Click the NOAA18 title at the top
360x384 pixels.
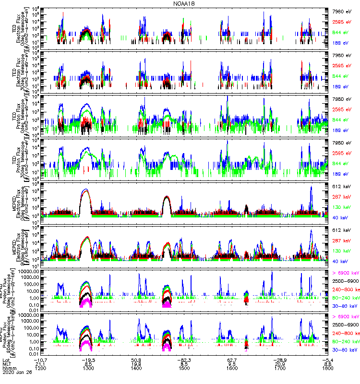click(184, 4)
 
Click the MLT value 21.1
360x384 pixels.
click(40, 363)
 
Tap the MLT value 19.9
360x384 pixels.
click(136, 363)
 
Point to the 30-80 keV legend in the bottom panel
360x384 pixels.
click(343, 349)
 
